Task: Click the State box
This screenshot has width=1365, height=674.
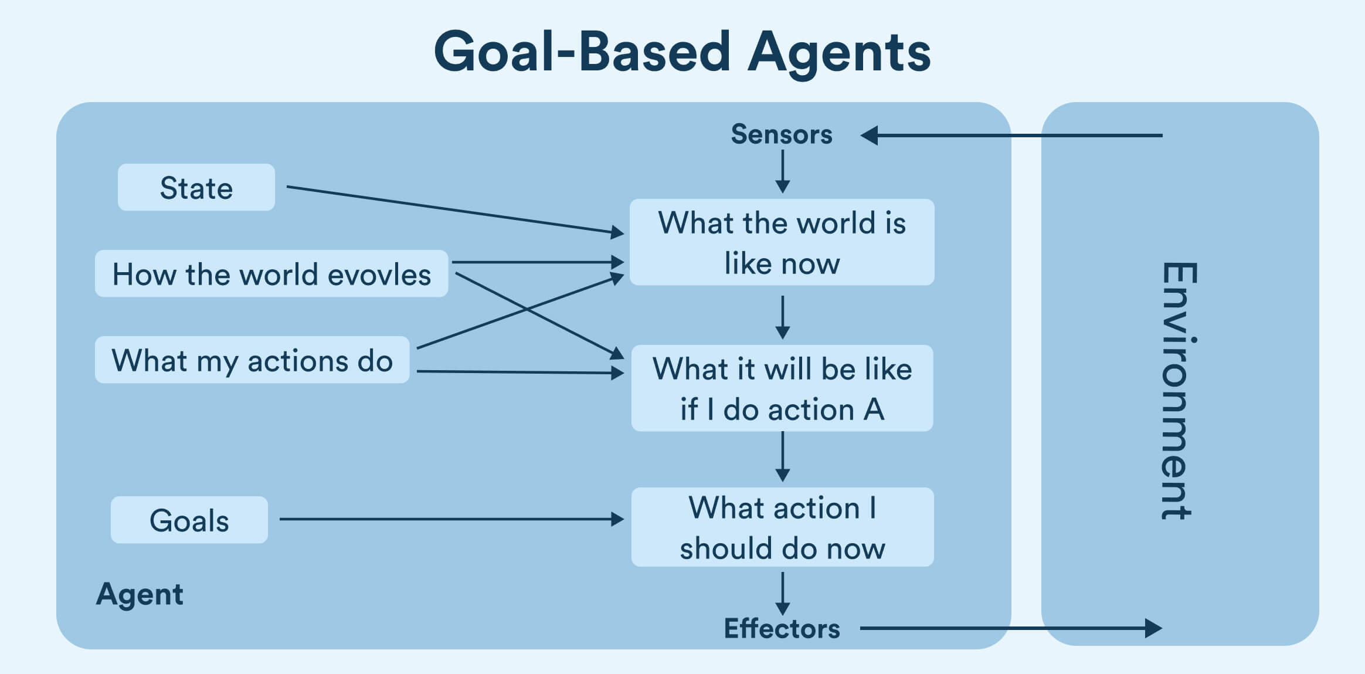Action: tap(196, 188)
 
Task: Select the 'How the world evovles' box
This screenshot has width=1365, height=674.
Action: tap(271, 274)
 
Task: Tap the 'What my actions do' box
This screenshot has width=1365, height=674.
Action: tap(252, 360)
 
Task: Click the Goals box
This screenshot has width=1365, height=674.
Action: tap(189, 520)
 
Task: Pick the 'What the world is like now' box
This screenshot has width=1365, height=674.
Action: tap(782, 242)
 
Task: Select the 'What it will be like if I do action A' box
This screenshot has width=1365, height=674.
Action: tap(782, 388)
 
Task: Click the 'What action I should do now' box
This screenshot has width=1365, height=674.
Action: tap(782, 527)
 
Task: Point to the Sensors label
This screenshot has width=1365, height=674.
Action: tap(781, 134)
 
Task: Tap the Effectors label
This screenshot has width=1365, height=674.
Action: tap(782, 628)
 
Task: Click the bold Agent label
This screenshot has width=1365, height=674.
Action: tap(140, 594)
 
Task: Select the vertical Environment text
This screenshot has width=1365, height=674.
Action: tap(1177, 390)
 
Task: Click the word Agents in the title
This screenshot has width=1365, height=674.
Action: tap(839, 53)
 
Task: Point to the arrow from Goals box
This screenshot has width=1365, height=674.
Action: tap(451, 519)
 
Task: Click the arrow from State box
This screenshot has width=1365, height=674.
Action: tap(454, 209)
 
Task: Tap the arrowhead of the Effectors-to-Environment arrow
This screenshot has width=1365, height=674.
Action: tap(1153, 628)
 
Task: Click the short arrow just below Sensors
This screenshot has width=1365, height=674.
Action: tap(782, 171)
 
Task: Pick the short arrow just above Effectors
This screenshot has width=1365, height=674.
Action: tap(782, 594)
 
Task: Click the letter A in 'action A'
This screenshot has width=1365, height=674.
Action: tap(873, 409)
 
